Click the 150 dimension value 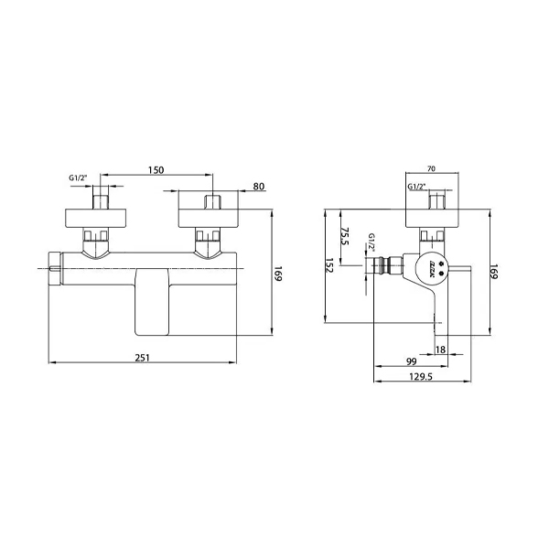[156, 170]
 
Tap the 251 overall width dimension [142, 358]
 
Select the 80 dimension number [259, 187]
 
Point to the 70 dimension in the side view [431, 168]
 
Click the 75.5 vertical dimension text [345, 236]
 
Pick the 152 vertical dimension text [329, 265]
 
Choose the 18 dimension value [440, 350]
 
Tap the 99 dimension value [412, 361]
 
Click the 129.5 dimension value [421, 376]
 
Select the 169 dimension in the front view [277, 274]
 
